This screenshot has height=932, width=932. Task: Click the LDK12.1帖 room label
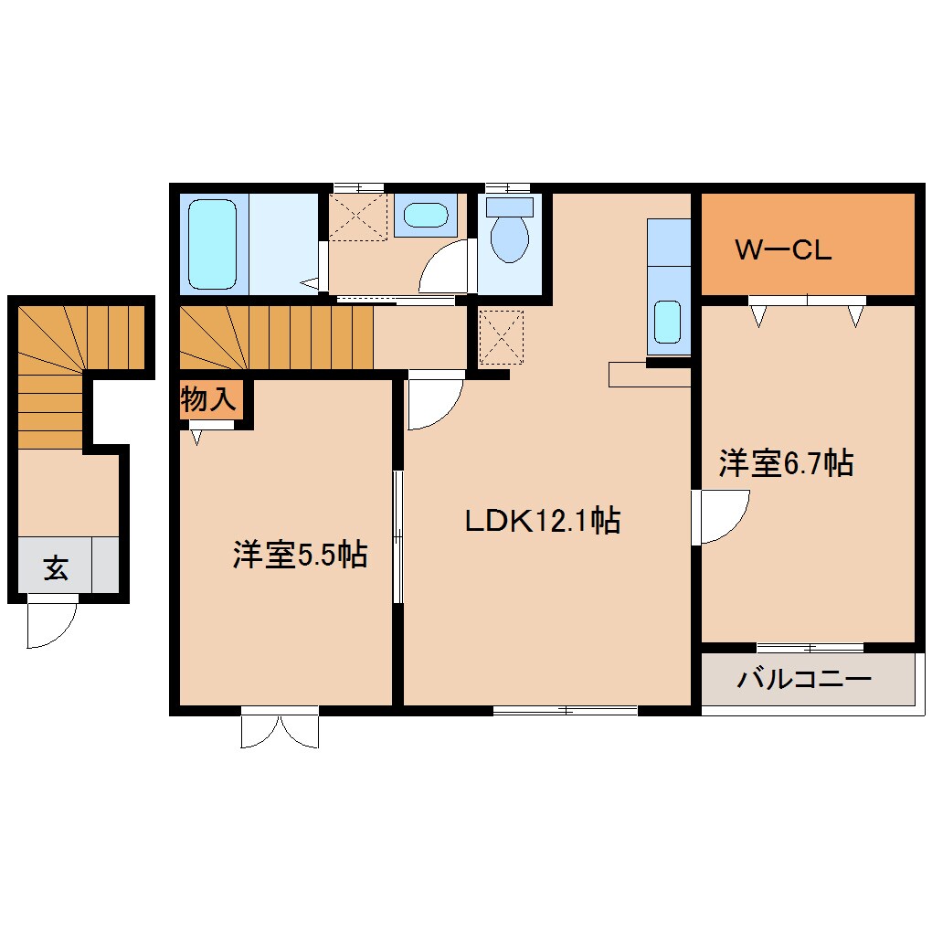(x=543, y=521)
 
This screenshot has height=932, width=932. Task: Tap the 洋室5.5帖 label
(x=300, y=554)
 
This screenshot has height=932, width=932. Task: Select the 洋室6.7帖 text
(x=786, y=463)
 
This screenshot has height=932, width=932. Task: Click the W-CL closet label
(x=783, y=250)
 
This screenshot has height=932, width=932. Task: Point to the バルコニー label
(x=805, y=679)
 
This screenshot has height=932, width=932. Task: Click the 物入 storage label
(x=210, y=399)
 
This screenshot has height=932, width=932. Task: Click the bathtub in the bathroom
(x=212, y=243)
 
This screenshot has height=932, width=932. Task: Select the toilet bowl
(x=509, y=237)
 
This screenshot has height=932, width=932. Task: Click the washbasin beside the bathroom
(x=426, y=217)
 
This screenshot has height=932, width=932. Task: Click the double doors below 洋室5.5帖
(x=280, y=729)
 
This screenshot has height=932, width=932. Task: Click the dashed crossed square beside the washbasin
(x=358, y=216)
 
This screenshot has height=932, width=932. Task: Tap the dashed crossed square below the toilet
(x=501, y=336)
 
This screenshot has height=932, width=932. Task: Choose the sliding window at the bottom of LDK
(x=565, y=709)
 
